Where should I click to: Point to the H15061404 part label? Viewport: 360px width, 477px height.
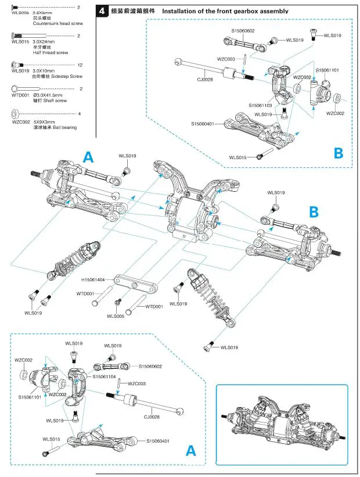(x=93, y=279)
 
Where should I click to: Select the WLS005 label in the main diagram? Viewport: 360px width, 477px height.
(x=115, y=316)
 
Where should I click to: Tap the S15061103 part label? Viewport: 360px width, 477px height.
(x=260, y=105)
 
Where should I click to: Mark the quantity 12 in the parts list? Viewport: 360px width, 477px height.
(x=80, y=65)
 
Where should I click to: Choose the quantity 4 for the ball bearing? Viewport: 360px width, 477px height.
(x=80, y=114)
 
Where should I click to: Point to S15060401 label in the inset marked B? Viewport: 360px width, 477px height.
(x=203, y=123)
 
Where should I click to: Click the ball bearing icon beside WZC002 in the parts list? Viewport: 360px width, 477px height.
(x=16, y=114)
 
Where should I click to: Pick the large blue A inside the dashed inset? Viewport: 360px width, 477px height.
(x=190, y=450)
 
